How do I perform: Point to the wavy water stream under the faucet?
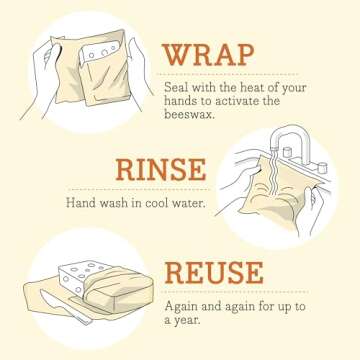pyautogui.click(x=265, y=165)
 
